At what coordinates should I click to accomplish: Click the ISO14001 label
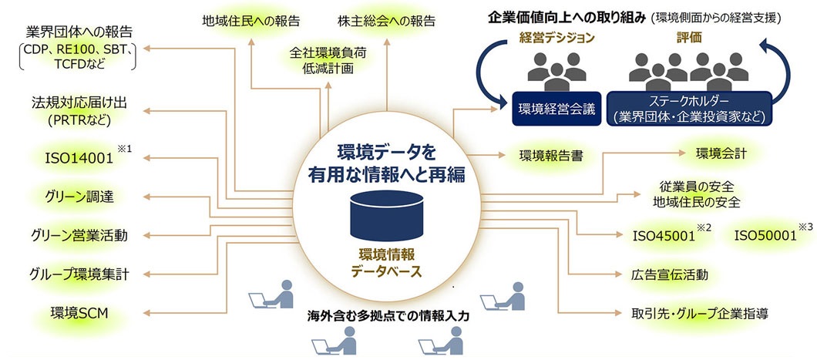click(79, 158)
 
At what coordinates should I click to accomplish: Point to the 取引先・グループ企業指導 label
click(698, 313)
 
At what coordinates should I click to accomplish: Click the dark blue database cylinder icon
click(386, 217)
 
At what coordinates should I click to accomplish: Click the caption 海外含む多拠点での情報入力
click(388, 316)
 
